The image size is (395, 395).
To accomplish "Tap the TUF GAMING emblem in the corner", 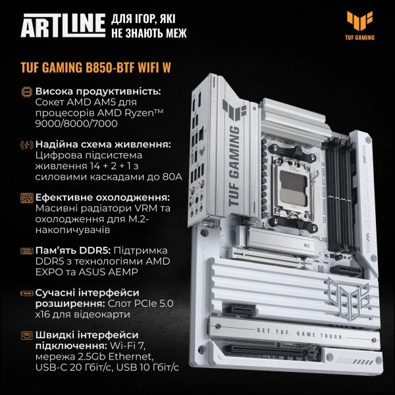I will (359, 25).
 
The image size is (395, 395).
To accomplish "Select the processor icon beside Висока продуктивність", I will (26, 92).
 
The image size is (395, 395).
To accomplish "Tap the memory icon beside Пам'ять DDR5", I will (26, 251).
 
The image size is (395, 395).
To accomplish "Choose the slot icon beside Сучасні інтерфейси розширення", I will (26, 291).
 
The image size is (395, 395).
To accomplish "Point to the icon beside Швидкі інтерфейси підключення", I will (26, 335).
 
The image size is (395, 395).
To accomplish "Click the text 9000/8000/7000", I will (76, 123).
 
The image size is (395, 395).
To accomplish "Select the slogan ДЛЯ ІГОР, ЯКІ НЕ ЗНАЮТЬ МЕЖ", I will (149, 26).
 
